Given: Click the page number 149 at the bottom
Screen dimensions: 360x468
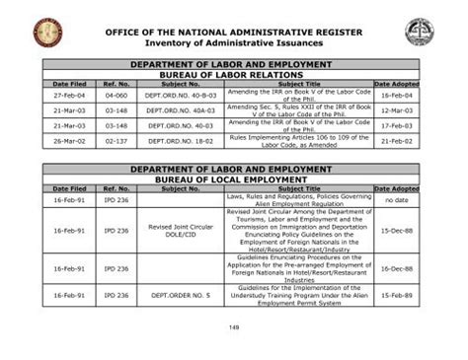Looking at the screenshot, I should [233, 326].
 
